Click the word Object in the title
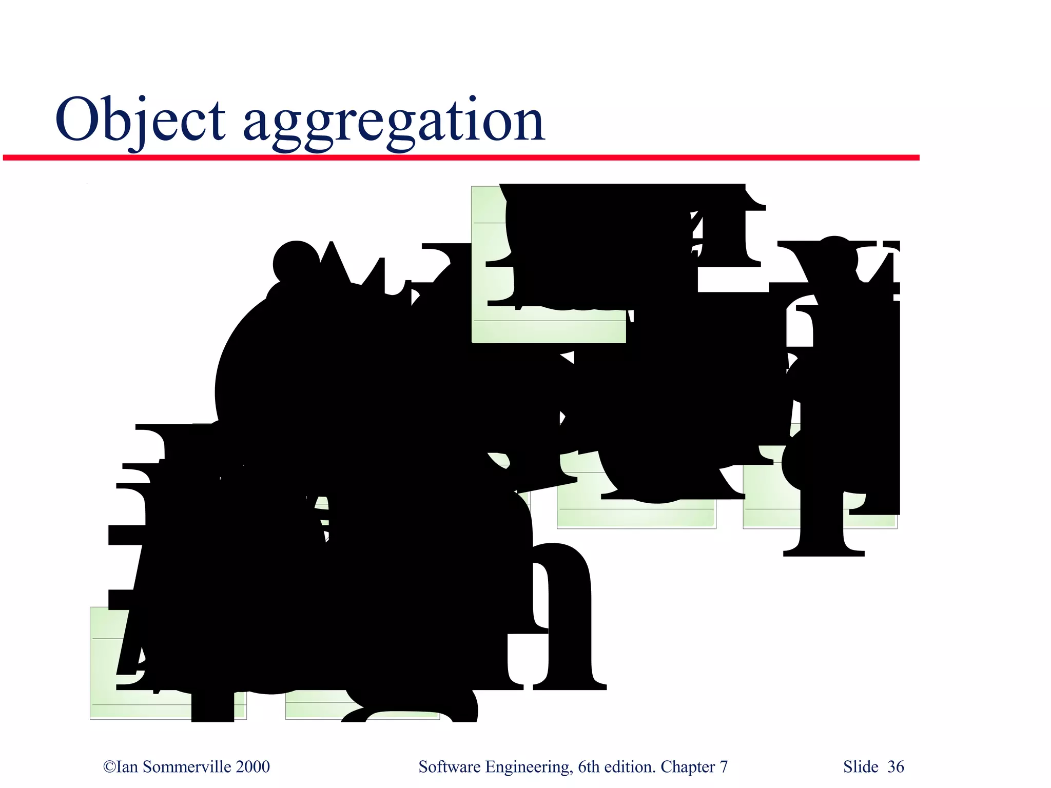(140, 120)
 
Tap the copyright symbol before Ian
(109, 766)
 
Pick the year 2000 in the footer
(252, 766)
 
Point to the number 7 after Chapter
(724, 766)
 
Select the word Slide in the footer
(861, 766)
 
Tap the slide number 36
(896, 766)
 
